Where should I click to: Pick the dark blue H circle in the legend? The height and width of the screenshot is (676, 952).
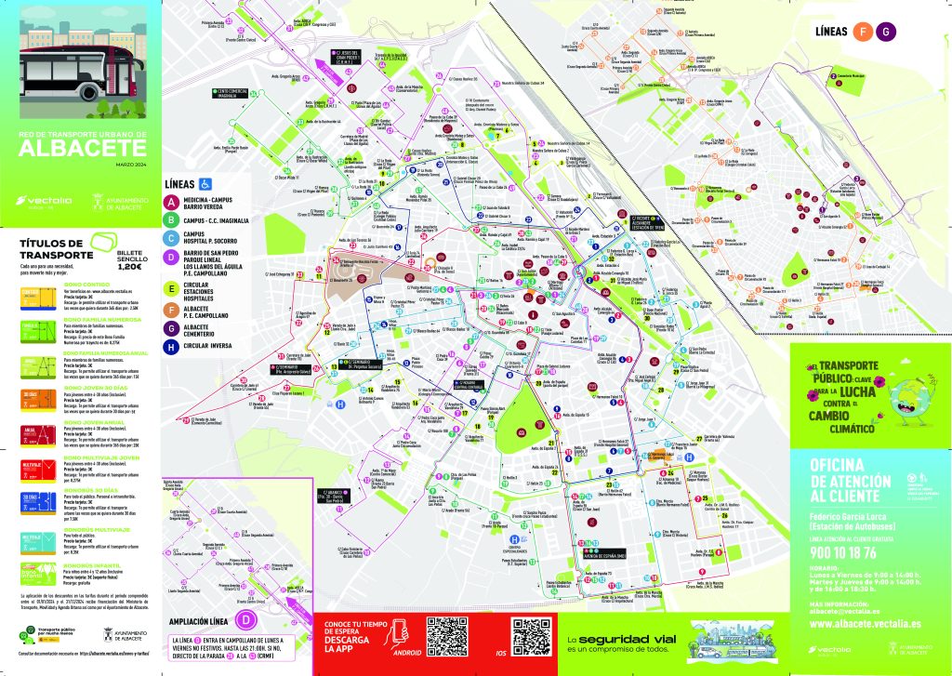coord(170,346)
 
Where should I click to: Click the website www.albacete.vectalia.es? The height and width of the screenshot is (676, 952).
coord(865,623)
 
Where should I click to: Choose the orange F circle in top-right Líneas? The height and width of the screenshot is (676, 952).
coord(863,32)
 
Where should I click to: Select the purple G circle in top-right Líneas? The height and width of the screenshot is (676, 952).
coord(887,32)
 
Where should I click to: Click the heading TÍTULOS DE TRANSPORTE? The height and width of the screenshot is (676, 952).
coord(57,249)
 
